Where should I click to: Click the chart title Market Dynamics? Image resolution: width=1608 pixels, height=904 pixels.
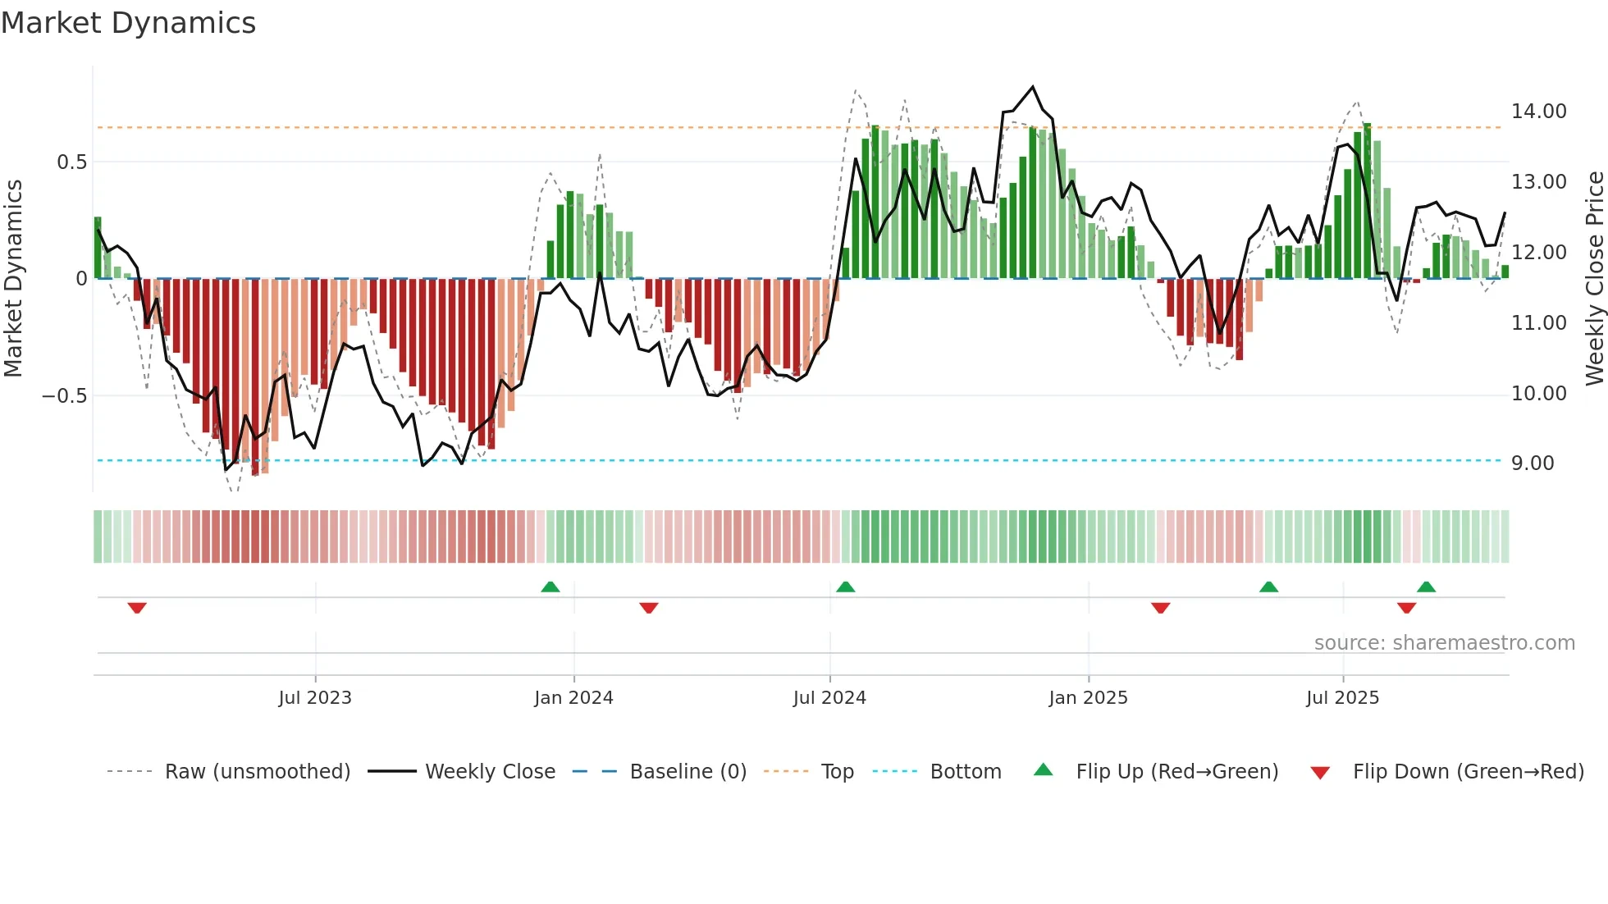click(x=129, y=23)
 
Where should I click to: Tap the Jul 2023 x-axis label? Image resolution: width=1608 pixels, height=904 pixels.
click(x=315, y=698)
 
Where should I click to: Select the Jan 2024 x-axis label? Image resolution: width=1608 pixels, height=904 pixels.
click(x=573, y=698)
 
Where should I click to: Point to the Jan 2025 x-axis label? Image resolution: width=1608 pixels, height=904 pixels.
click(x=1088, y=698)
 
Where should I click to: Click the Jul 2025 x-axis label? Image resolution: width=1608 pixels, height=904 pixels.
click(x=1342, y=698)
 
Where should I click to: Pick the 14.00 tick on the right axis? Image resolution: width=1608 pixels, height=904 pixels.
click(x=1538, y=112)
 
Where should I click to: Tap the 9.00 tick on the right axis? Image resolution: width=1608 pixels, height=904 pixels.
click(x=1533, y=463)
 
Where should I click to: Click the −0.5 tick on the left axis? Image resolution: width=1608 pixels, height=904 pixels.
click(x=64, y=396)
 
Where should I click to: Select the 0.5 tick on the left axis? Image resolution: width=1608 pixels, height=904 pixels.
click(x=71, y=162)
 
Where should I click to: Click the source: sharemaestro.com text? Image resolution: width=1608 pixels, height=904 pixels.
click(x=1444, y=643)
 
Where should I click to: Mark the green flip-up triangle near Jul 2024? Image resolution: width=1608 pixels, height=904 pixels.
click(x=846, y=587)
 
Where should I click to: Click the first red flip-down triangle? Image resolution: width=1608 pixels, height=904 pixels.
click(x=137, y=608)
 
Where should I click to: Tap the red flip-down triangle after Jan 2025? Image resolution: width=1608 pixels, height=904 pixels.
click(x=1160, y=608)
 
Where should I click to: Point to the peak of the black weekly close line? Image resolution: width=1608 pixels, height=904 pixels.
click(x=1033, y=87)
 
